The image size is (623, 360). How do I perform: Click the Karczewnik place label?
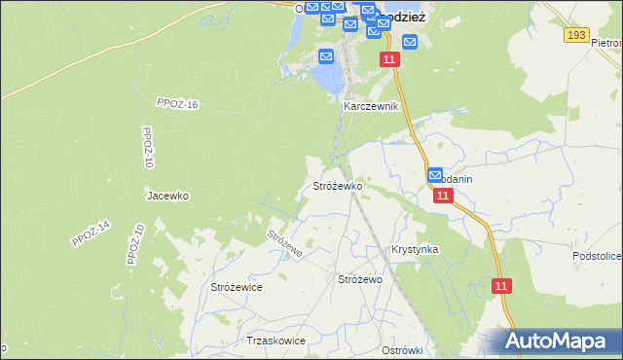371,106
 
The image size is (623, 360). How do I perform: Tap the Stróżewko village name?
337,185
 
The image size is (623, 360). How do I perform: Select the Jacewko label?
167,196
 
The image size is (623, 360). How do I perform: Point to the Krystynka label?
415,249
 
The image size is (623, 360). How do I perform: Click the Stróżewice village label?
237,287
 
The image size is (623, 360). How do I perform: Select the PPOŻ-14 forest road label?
92,234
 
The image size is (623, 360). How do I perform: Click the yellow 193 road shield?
576,35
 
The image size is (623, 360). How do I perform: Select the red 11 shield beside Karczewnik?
389,60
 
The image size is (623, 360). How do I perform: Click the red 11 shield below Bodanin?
443,196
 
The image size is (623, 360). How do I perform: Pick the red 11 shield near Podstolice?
501,286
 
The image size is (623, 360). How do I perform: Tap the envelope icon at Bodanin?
435,175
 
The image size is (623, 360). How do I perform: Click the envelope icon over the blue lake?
326,57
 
